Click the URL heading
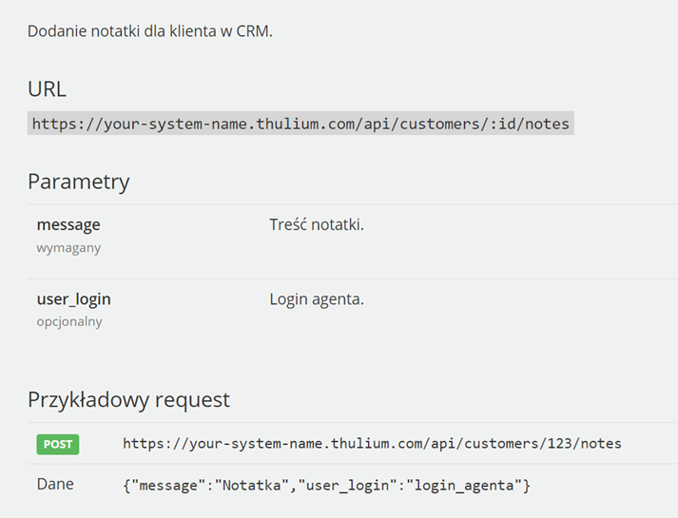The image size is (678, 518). point(47,89)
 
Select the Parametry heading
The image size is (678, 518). point(79,182)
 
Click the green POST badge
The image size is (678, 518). point(58,444)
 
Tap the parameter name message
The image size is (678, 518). point(68,225)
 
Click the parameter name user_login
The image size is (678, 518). point(73,299)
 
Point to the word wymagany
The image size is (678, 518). point(68,248)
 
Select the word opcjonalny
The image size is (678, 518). point(69,322)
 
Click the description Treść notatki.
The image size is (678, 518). point(317,224)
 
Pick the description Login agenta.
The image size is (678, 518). point(317,299)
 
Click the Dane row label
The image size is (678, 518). point(55,484)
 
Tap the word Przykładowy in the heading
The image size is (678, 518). point(88,400)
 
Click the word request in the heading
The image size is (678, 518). point(192,400)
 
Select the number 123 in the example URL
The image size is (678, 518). point(559,444)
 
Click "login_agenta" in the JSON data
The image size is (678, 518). point(464,486)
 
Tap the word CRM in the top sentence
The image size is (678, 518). point(254,31)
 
